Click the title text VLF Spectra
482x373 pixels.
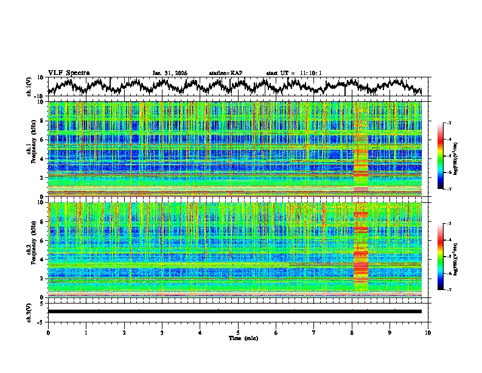pyautogui.click(x=69, y=73)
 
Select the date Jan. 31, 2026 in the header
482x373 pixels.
pyautogui.click(x=169, y=73)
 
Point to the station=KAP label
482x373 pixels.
pyautogui.click(x=225, y=73)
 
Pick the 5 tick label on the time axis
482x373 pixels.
pyautogui.click(x=238, y=332)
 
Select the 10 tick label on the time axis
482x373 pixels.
pyautogui.click(x=428, y=332)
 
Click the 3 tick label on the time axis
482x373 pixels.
pyautogui.click(x=162, y=332)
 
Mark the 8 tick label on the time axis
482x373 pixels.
pyautogui.click(x=352, y=332)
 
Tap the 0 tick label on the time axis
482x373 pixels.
pyautogui.click(x=48, y=332)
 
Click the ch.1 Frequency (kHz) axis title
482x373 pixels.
pyautogui.click(x=30, y=149)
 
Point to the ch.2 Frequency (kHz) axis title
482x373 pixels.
pyautogui.click(x=30, y=250)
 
